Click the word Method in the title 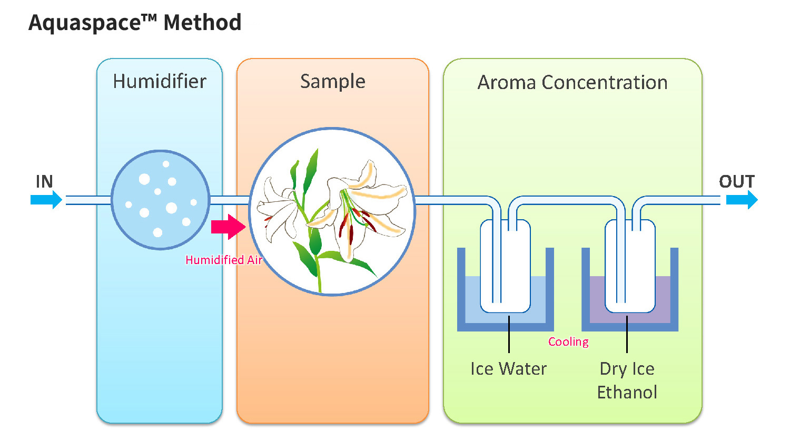tap(202, 23)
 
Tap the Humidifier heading tap(160, 82)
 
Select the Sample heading tap(332, 82)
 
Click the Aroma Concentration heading tap(572, 83)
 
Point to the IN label tap(44, 181)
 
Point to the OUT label tap(737, 181)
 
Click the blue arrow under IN tap(46, 200)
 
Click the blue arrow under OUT tap(742, 200)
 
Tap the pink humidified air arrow tap(229, 227)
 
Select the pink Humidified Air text tap(224, 260)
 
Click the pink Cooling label tap(568, 342)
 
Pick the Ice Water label tap(509, 369)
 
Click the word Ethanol tap(627, 393)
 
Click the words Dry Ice tap(627, 369)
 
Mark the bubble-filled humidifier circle tap(161, 200)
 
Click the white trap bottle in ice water tap(506, 266)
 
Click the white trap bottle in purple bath tap(630, 266)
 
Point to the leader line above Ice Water tap(509, 334)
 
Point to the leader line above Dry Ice tap(627, 334)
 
